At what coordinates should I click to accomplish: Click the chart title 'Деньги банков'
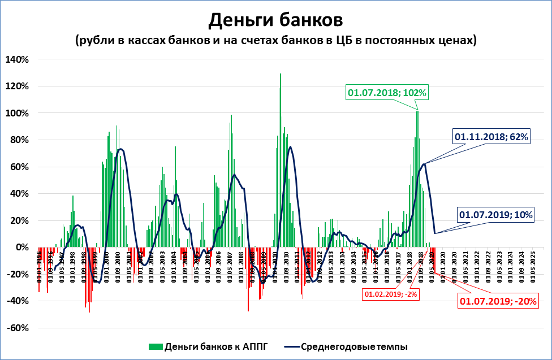click(275, 20)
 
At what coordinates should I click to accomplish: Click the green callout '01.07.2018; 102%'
click(387, 93)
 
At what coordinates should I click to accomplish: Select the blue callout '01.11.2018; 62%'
click(491, 137)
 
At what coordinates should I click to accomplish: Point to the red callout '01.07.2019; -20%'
click(498, 301)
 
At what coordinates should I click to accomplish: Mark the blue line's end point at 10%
click(435, 233)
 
